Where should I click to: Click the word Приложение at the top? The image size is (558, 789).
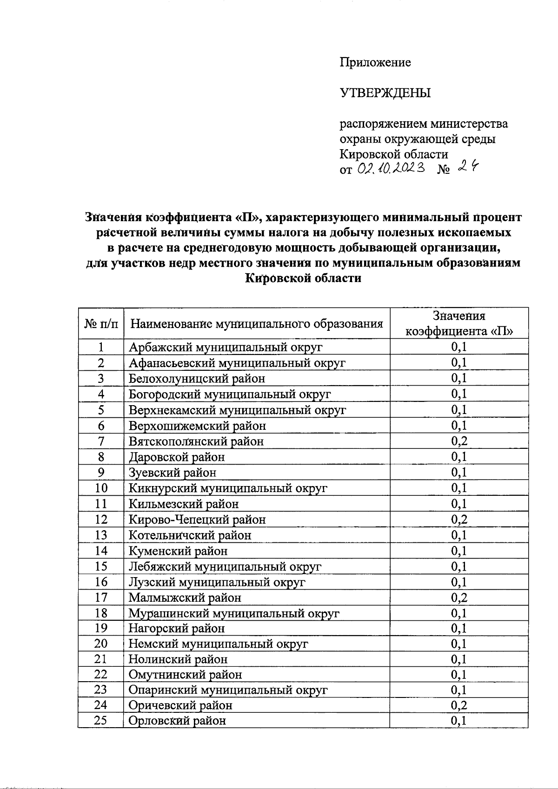375,62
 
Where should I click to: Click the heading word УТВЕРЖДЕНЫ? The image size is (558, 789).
385,93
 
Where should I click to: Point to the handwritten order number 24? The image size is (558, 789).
467,168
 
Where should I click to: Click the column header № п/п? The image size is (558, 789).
101,323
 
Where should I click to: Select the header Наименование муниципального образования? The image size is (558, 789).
256,323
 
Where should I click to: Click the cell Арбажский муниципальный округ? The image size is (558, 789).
226,347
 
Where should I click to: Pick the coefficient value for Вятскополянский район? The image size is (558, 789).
459,441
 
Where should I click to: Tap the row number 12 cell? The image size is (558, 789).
101,519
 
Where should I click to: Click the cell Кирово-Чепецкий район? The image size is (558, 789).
197,519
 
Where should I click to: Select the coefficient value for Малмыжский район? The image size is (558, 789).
459,598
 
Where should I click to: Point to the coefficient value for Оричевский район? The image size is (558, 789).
459,705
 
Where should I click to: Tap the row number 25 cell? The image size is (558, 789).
101,721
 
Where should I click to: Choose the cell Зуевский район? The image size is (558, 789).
173,473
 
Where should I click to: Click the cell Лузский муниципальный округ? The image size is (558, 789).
217,582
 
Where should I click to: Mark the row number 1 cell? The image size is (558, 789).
101,347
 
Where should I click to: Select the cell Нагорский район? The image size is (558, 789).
177,629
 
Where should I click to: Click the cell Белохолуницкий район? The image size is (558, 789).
197,378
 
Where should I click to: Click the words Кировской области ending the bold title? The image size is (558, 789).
303,278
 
